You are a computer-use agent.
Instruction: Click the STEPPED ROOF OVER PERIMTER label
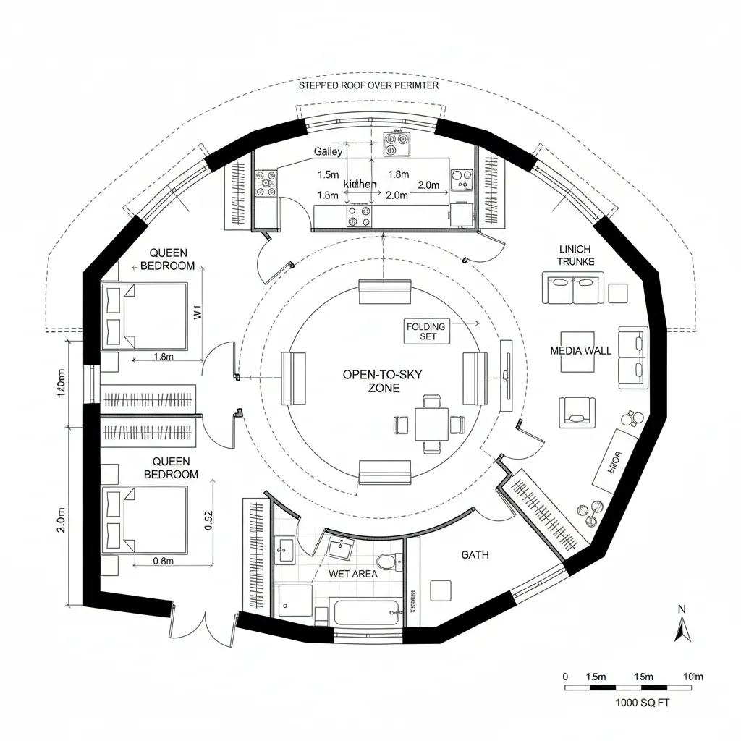point(368,85)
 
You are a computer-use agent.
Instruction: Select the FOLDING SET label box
point(426,331)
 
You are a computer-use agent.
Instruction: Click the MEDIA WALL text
point(580,350)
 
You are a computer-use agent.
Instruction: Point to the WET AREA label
point(352,574)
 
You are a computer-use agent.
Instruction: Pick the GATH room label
point(475,555)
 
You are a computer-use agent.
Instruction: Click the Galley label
point(328,152)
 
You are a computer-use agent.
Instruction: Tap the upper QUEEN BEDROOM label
point(168,259)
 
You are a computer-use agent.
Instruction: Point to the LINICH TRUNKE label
point(576,255)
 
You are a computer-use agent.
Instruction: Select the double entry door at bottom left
point(206,624)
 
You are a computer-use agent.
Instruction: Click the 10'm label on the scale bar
point(693,676)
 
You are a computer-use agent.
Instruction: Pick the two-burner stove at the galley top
point(395,144)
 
